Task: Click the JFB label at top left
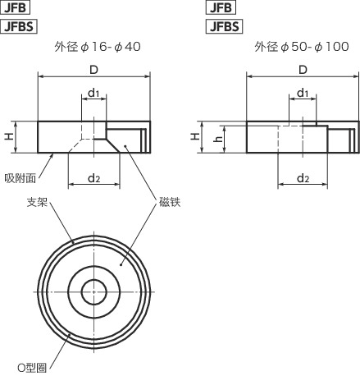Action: (x=15, y=8)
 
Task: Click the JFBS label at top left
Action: (x=20, y=25)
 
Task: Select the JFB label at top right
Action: (x=220, y=8)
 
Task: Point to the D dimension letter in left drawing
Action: (x=94, y=69)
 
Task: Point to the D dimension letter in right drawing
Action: (x=303, y=69)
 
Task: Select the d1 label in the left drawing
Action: (x=94, y=94)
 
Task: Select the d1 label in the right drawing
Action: (x=303, y=93)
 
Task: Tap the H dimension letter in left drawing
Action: (x=10, y=137)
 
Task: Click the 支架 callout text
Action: (x=36, y=202)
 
